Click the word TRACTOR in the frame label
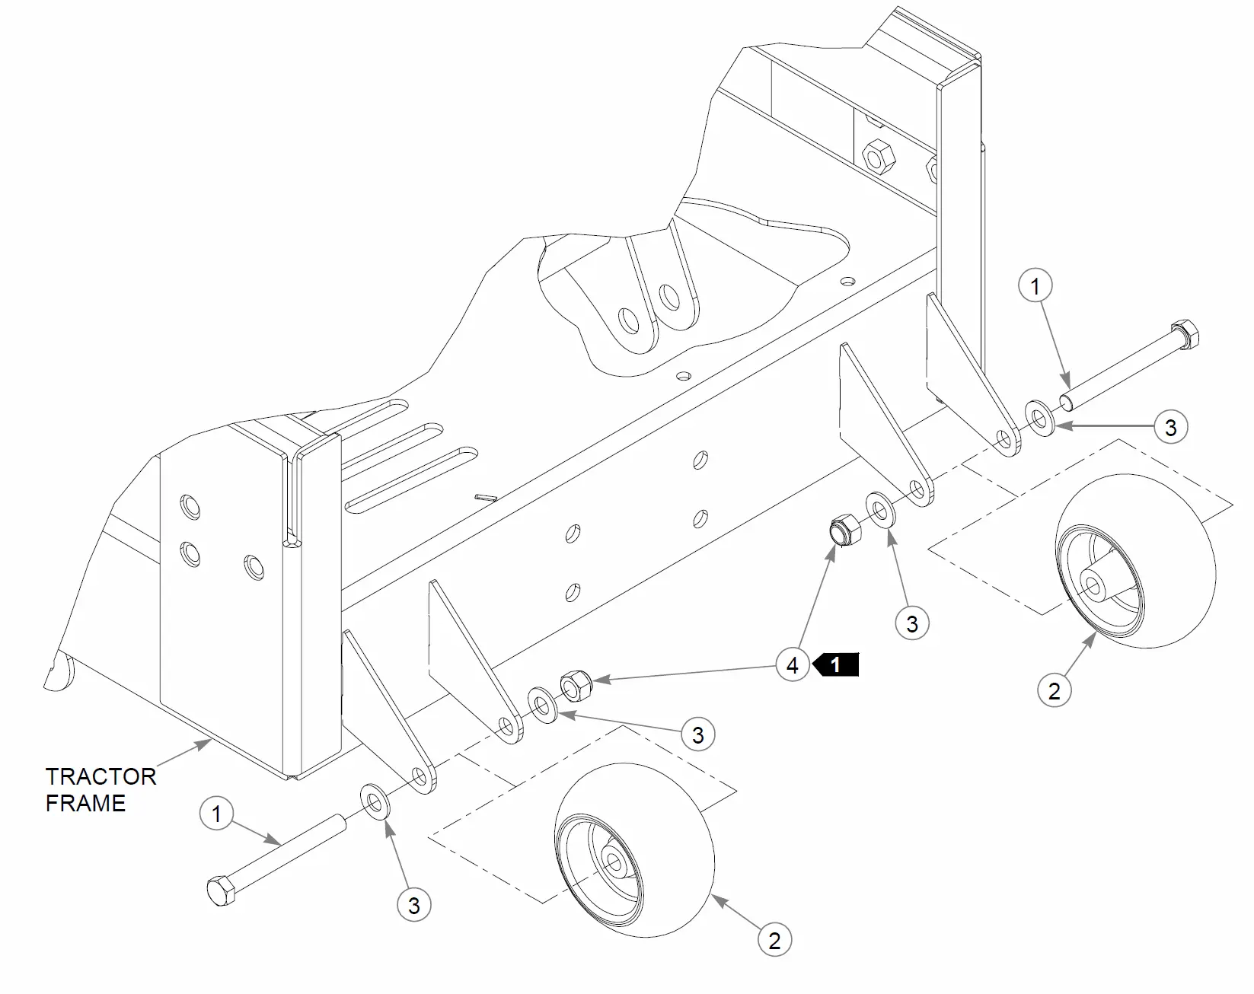(101, 776)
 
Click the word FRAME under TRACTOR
(85, 803)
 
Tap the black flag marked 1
(836, 664)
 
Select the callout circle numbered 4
(793, 665)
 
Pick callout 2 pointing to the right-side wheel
(1054, 691)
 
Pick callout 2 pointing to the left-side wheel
(774, 940)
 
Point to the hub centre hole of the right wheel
(1093, 585)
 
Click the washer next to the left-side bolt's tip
(374, 801)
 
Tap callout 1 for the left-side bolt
(216, 814)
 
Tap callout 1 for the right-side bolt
(1035, 287)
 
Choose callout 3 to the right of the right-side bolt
(1171, 427)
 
